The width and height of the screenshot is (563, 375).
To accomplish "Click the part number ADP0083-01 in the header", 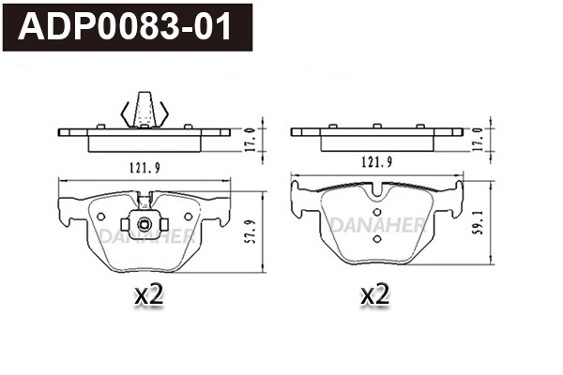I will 127,27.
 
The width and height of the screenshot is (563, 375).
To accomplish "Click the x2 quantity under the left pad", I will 149,295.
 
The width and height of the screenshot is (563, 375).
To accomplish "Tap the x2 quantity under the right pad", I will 375,295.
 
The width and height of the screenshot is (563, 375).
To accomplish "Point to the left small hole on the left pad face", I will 100,217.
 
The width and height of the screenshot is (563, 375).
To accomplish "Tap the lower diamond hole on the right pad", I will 376,238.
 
